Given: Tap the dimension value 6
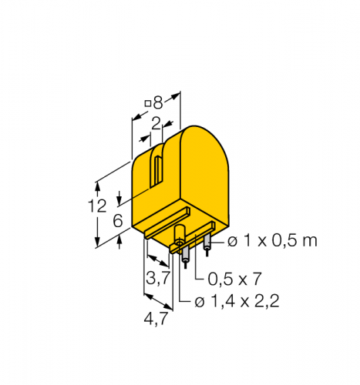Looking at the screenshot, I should pyautogui.click(x=117, y=220).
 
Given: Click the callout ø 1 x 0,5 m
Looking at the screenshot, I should pyautogui.click(x=273, y=241).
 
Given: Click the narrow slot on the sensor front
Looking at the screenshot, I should pyautogui.click(x=157, y=172).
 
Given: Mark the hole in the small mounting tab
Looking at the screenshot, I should pyautogui.click(x=180, y=245).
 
